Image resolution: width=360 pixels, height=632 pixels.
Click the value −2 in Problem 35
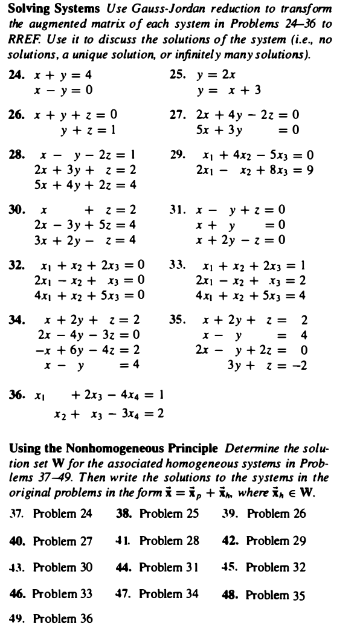click(301, 365)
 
